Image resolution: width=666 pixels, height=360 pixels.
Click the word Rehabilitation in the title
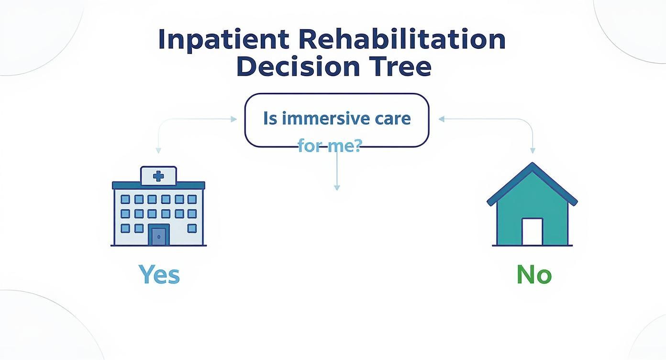(401, 40)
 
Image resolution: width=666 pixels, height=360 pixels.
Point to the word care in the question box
(391, 118)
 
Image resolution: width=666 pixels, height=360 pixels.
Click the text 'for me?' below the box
(329, 146)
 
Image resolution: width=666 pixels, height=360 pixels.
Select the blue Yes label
(159, 275)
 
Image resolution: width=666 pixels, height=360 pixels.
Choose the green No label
(534, 275)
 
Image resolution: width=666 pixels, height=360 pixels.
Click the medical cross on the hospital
(158, 176)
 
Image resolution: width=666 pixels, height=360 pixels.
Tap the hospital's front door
(158, 236)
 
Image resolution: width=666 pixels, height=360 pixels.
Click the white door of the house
(532, 232)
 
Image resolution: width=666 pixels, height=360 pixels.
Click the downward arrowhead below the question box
(337, 188)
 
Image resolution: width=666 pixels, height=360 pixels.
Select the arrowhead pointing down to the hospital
(158, 151)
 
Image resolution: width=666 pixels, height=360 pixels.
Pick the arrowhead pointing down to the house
(533, 151)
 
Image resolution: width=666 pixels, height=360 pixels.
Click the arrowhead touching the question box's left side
(234, 119)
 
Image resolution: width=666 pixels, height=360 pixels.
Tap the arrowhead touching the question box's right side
(441, 119)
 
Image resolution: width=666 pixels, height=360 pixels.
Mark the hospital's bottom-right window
(192, 228)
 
